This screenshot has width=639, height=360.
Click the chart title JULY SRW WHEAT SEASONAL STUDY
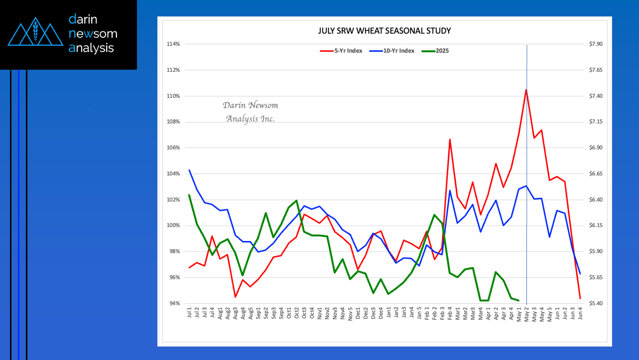(384, 31)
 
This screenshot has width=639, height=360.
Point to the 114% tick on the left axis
(174, 44)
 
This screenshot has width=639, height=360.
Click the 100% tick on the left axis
(174, 226)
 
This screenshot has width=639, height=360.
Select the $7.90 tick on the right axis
(595, 44)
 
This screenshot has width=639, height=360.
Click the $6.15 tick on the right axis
(595, 226)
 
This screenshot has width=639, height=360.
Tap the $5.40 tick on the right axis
(595, 303)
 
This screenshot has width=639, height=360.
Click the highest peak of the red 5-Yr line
(526, 90)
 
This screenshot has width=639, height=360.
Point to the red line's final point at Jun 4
(580, 299)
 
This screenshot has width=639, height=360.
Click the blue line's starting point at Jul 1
(189, 170)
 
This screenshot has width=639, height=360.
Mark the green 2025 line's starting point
(189, 195)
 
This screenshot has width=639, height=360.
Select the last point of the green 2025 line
(519, 300)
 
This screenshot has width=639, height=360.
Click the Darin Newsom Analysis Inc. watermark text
(250, 112)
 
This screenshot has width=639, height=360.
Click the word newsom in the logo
(93, 34)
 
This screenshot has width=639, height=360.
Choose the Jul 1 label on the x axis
(190, 313)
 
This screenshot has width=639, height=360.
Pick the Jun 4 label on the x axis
(580, 313)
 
